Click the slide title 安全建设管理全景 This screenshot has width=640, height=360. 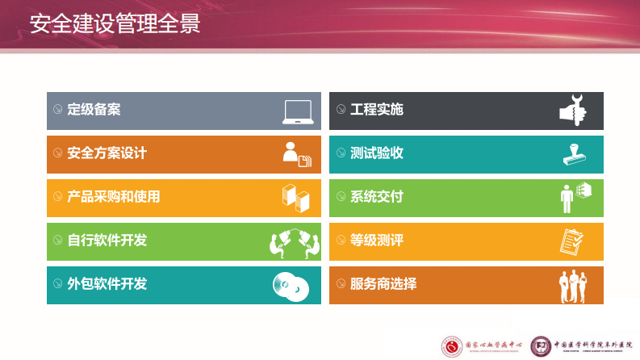pos(115,23)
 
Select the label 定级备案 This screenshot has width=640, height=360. pos(94,110)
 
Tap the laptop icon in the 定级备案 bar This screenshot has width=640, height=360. pos(298,111)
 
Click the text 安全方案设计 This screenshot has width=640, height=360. pos(107,153)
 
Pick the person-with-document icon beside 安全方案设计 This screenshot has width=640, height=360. pos(295,154)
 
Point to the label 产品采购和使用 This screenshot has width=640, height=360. pos(113,197)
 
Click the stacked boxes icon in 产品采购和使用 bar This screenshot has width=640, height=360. pos(295,198)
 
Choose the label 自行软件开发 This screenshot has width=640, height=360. pos(107,241)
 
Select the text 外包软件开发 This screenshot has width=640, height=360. pos(107,284)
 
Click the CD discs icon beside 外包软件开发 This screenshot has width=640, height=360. pos(291,285)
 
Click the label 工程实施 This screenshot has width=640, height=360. pos(376,110)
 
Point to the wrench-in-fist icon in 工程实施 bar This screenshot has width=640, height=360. pos(574,111)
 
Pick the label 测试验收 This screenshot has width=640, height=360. pos(376,153)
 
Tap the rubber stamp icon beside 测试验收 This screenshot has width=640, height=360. pos(574,154)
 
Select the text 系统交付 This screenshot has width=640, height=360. pos(376,197)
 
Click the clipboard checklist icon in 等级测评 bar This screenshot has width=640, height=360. pos(572,241)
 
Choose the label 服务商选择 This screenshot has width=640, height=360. pos(383,284)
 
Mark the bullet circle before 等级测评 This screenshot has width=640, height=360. pos(340,241)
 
